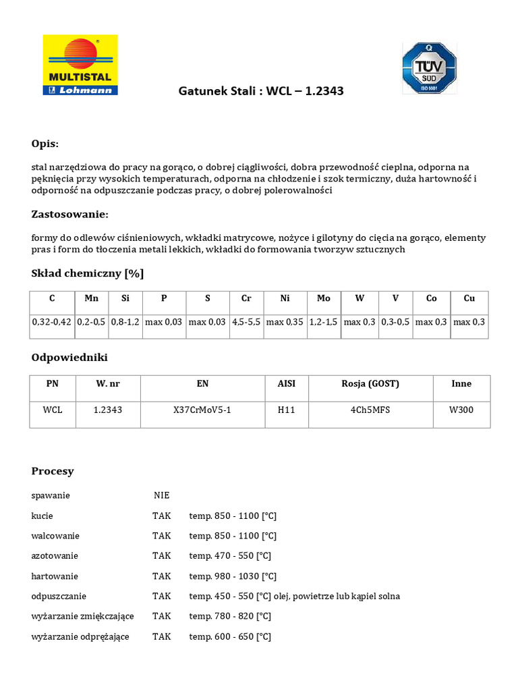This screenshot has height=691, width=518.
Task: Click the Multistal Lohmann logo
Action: coord(80,65)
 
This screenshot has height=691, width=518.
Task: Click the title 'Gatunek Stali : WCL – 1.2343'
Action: coord(260,90)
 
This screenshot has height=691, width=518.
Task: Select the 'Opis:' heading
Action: coord(45,144)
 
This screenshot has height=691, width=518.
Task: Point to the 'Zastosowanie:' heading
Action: coord(69,214)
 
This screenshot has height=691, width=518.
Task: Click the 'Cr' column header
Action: coord(246,298)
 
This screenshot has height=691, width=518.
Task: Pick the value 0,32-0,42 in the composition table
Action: coord(51,323)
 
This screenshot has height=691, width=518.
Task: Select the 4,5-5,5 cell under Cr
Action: coord(246,323)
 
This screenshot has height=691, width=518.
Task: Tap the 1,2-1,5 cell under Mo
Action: coord(323,323)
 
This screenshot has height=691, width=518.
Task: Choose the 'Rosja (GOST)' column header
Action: coord(370,383)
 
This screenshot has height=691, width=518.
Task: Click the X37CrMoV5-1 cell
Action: coord(202,410)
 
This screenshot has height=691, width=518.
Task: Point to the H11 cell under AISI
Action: coord(286,410)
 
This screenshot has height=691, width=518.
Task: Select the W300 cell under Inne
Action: coord(461,410)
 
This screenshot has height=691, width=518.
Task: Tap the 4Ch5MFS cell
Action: coord(370,410)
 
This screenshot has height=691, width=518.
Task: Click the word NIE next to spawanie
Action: coord(161,495)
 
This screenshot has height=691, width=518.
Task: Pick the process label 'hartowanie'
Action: coord(55,576)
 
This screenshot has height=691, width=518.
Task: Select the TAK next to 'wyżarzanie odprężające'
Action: coord(162,637)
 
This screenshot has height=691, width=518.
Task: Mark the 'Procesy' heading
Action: coord(53,471)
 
